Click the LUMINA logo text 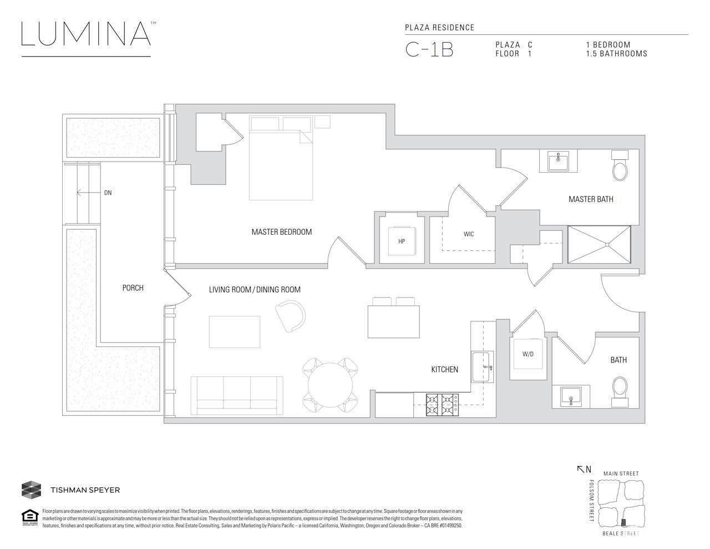tap(86, 34)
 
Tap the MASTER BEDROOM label tap(281, 232)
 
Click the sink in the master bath tap(557, 162)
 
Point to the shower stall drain tap(607, 244)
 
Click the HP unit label tap(402, 241)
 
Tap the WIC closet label tap(469, 234)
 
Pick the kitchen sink tap(482, 366)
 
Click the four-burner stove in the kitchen tap(442, 405)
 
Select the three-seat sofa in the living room tap(237, 395)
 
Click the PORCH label tap(133, 288)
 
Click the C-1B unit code tap(429, 49)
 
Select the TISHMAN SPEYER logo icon tap(32, 490)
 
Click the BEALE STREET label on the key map tap(620, 533)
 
